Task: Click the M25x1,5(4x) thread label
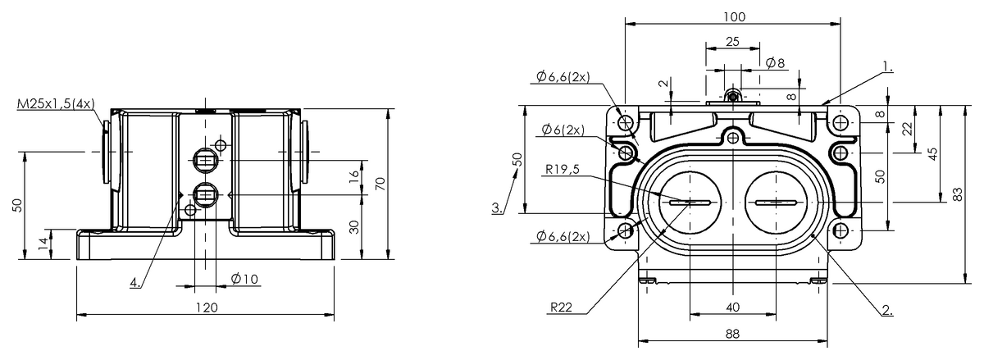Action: click(x=56, y=104)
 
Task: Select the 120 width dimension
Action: click(x=207, y=308)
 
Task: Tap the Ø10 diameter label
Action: click(x=244, y=279)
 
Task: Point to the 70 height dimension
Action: click(x=380, y=184)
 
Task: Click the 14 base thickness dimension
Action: click(x=43, y=243)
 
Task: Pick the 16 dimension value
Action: click(x=353, y=176)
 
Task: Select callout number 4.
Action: click(x=135, y=282)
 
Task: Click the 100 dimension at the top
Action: click(x=734, y=16)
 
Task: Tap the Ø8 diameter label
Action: click(x=775, y=63)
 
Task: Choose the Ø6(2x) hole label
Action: click(x=563, y=130)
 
